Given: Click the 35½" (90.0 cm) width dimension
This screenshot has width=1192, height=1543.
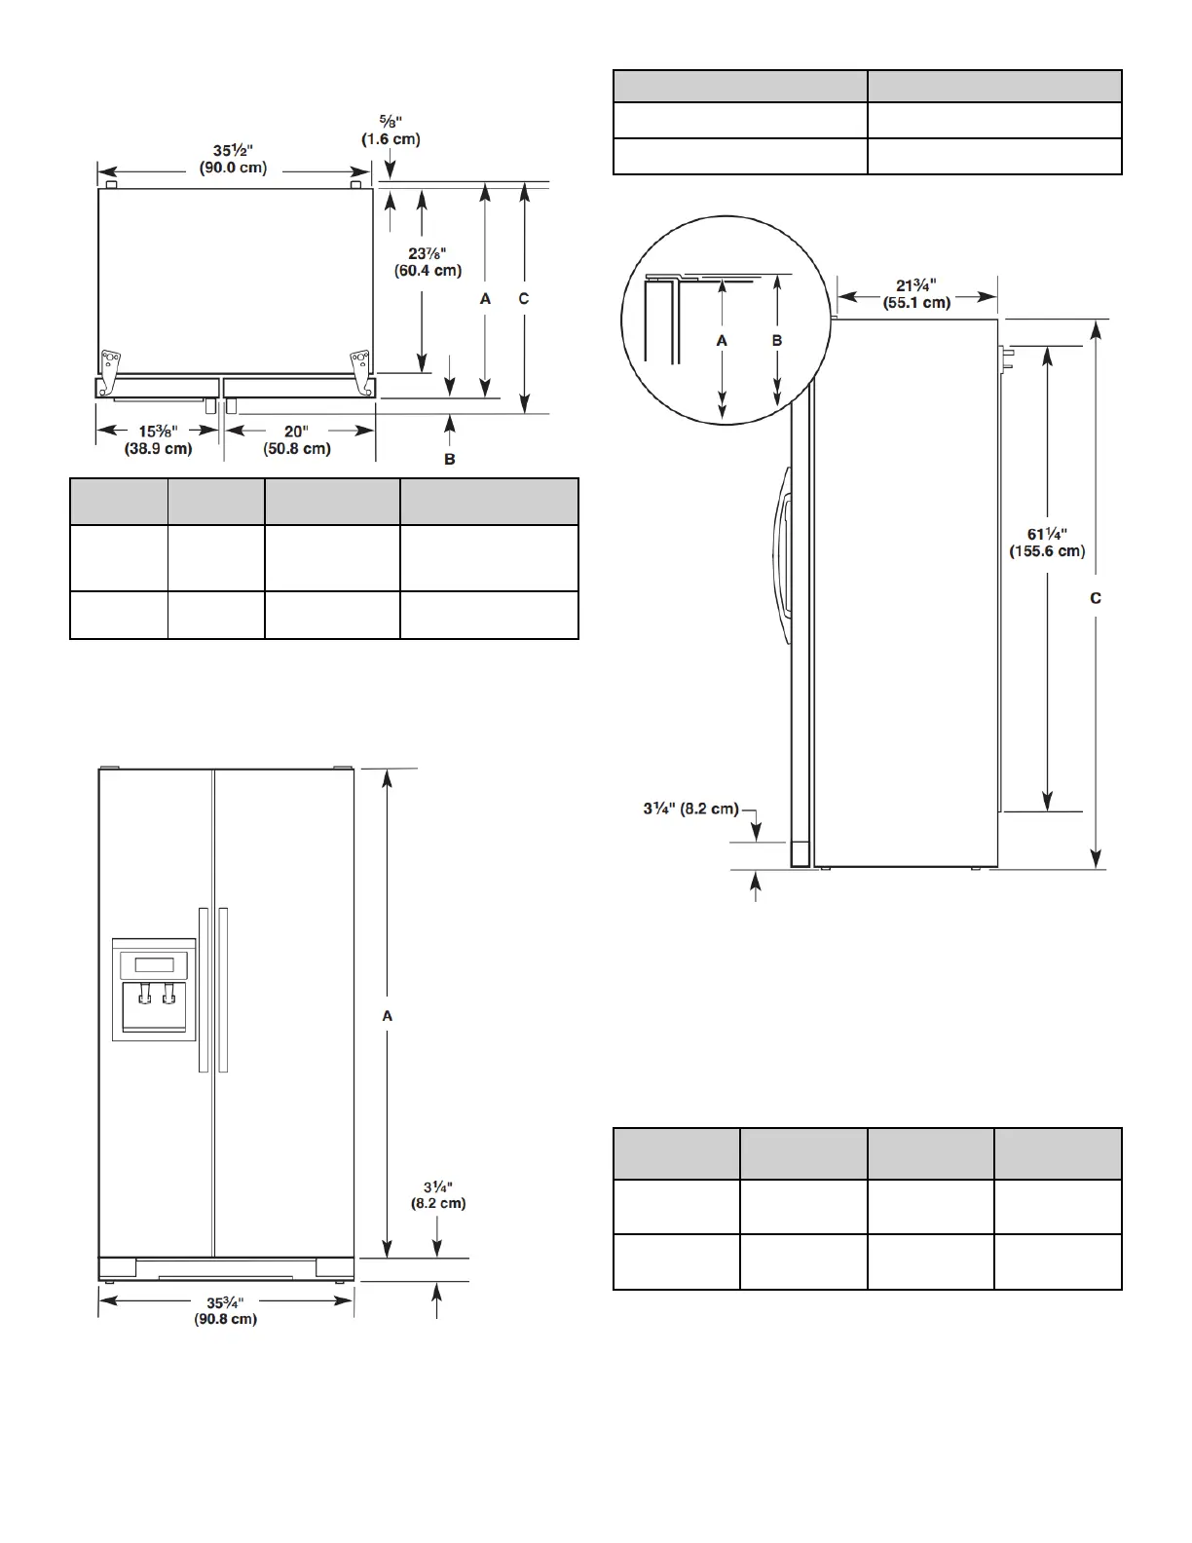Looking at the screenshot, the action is pos(233,159).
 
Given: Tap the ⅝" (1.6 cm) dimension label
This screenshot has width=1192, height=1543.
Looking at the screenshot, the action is pos(391,130).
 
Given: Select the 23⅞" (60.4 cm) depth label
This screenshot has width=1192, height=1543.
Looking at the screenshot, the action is pos(428,262).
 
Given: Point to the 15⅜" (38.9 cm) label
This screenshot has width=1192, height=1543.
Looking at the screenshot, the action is pos(159,440).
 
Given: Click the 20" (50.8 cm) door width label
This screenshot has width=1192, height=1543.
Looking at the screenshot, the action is pos(297,440).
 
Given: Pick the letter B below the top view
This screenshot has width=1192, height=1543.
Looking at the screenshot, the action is pos(449,460).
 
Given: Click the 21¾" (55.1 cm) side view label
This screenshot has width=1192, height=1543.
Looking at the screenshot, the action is pos(916,294).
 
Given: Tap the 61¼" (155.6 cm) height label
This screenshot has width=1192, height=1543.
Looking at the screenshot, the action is pos(1047,543).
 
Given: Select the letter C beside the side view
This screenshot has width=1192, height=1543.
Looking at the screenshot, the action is pos(1096,599).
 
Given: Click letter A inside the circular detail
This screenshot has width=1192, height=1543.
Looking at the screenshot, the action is pos(722,341).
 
